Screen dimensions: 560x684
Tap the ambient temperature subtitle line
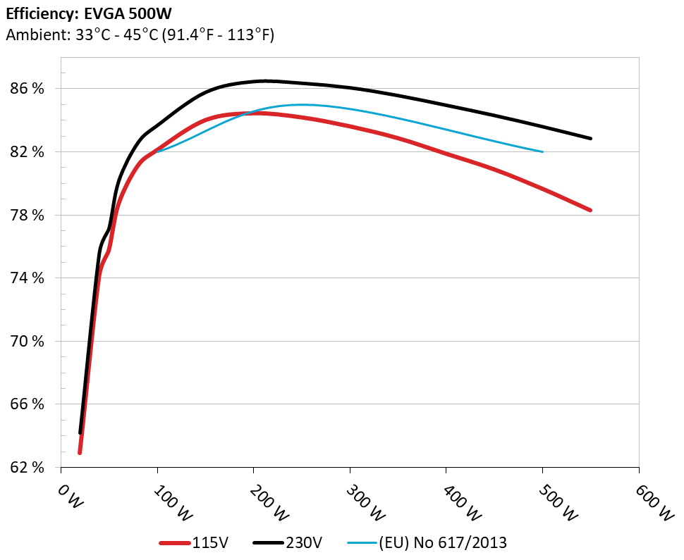[140, 35]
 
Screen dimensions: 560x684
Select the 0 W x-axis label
[70, 495]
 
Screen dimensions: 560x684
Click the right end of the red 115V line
[590, 210]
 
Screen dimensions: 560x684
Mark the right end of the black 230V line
[590, 138]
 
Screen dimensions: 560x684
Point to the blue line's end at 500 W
[542, 151]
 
